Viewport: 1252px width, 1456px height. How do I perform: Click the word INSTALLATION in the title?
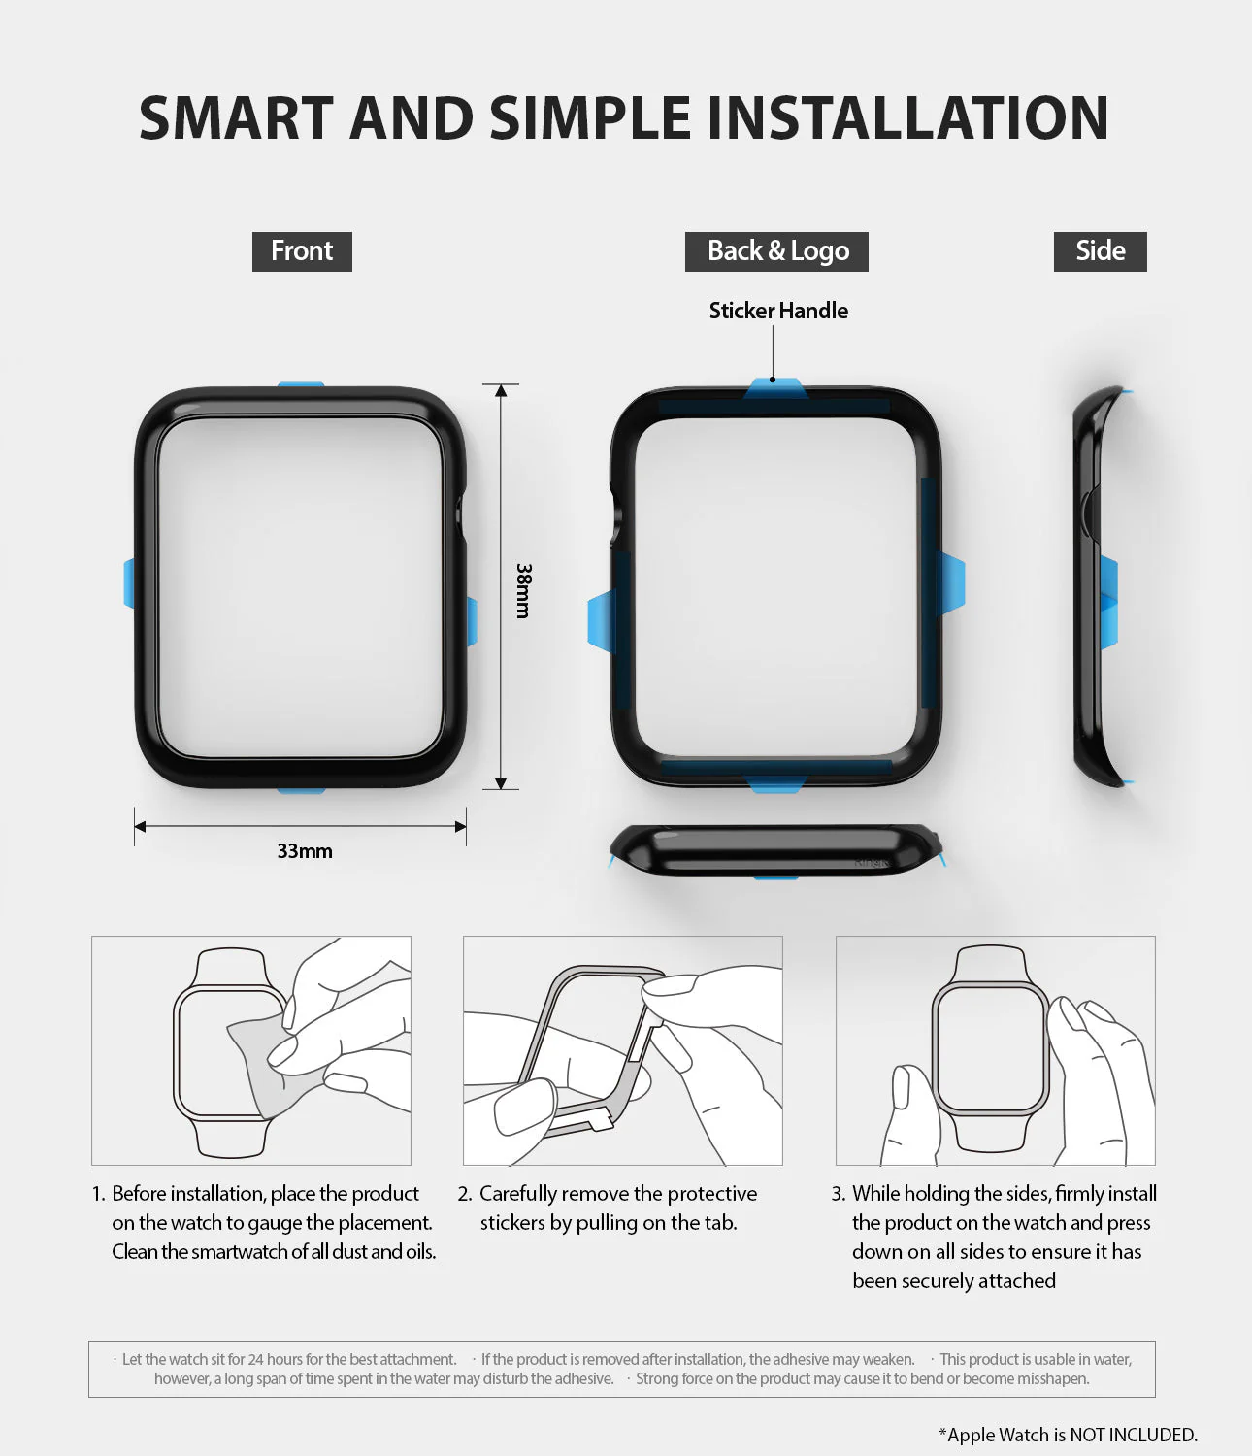click(x=907, y=118)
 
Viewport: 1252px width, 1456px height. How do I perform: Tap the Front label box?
click(x=302, y=251)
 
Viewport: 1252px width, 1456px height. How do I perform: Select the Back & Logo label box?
click(x=776, y=251)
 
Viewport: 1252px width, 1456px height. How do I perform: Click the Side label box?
click(x=1100, y=251)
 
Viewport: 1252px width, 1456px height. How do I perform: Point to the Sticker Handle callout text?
click(x=778, y=311)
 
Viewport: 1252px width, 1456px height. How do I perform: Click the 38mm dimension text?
click(x=523, y=590)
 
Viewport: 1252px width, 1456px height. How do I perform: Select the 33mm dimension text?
click(x=305, y=851)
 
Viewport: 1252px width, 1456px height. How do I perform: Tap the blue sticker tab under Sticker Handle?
click(x=774, y=388)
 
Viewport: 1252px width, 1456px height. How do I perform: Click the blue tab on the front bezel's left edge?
click(x=129, y=583)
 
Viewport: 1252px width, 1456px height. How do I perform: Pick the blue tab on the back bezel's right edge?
click(x=951, y=582)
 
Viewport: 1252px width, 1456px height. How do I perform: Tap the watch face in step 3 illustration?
click(x=990, y=1048)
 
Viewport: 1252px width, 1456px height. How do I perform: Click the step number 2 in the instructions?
click(x=464, y=1194)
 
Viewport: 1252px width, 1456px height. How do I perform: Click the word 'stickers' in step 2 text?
click(x=511, y=1223)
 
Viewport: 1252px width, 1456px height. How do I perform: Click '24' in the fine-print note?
click(x=255, y=1360)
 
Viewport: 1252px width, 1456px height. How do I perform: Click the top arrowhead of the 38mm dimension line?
click(x=501, y=390)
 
